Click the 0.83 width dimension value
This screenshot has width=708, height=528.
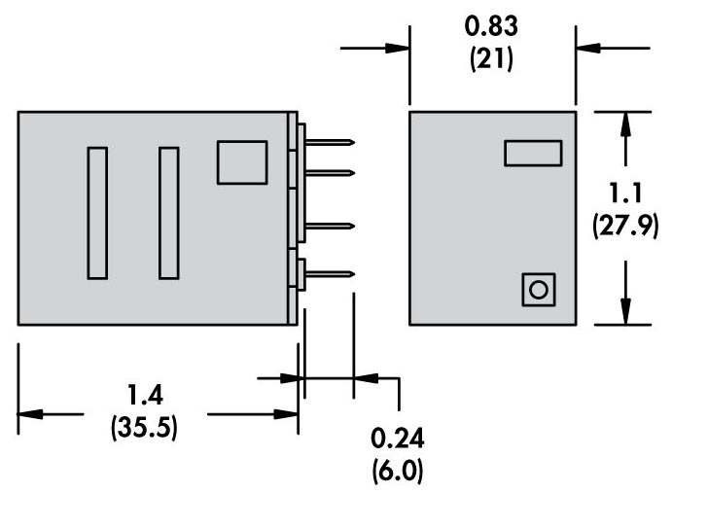[491, 26]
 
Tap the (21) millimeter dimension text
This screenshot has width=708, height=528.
[491, 59]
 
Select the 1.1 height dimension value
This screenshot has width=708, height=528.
[625, 194]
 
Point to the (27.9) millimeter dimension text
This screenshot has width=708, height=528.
[625, 226]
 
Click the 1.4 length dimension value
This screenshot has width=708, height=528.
[145, 395]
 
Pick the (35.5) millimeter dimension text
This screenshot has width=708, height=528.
[144, 427]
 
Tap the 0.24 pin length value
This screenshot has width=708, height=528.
[398, 439]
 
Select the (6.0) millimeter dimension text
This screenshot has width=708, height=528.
[398, 472]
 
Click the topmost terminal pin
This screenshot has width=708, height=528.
[330, 143]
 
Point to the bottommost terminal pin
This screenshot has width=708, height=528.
[330, 274]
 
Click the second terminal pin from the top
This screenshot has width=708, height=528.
[330, 173]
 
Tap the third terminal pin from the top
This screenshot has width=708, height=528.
[330, 226]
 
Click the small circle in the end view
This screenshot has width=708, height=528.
[538, 290]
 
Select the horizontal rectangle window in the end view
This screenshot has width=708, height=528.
[533, 154]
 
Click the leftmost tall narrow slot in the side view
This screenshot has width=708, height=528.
[97, 213]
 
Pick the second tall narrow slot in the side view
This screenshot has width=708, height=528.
[169, 213]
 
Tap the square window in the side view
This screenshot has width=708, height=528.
[242, 162]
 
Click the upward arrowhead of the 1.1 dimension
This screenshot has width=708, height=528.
[625, 123]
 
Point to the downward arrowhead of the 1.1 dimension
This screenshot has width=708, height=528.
[625, 312]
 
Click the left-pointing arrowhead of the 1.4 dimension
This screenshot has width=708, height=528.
[30, 414]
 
